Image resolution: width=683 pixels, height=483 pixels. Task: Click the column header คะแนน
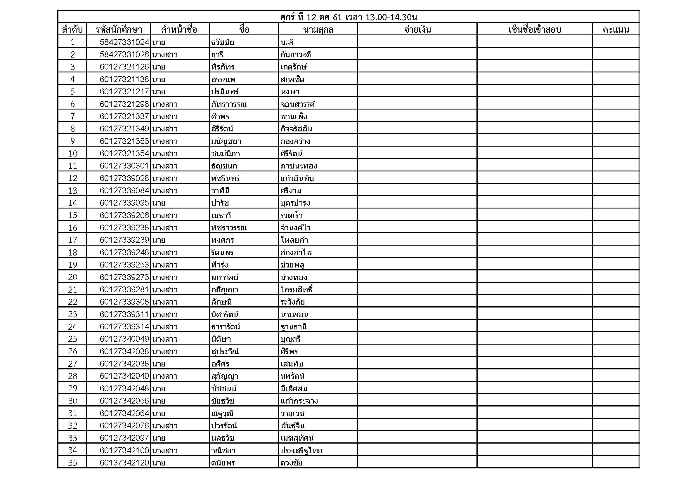pos(616,29)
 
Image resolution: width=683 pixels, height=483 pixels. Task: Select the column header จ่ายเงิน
pos(417,29)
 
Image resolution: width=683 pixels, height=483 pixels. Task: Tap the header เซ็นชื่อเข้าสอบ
pos(535,29)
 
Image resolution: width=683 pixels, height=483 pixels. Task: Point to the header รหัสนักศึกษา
pos(119,29)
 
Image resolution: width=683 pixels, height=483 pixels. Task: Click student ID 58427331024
pos(124,42)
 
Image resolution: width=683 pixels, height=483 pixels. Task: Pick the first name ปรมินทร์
pos(225,92)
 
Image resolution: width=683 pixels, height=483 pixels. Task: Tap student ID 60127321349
pos(124,129)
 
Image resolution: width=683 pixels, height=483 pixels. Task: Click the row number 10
pos(72,154)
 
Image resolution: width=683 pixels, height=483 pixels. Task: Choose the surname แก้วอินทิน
pos(297,178)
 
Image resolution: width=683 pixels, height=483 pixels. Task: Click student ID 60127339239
pos(124,240)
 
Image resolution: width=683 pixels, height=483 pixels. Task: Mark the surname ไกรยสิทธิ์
pos(296,289)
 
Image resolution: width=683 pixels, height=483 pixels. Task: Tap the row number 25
pos(72,339)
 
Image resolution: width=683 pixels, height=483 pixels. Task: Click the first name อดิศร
pos(220,364)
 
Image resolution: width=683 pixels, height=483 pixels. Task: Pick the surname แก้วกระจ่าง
pos(299,401)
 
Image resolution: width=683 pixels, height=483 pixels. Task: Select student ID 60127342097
pos(124,438)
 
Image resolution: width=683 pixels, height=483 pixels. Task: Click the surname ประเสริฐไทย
pos(301,450)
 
